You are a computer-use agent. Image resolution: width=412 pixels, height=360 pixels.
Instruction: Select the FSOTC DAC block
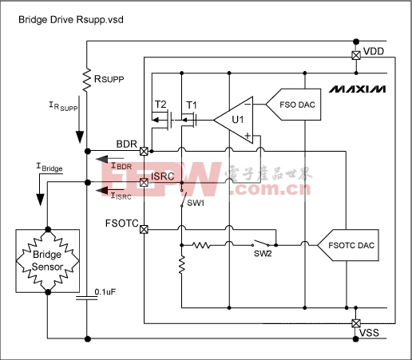pyautogui.click(x=349, y=245)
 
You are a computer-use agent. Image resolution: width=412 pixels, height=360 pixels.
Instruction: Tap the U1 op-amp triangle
pyautogui.click(x=233, y=120)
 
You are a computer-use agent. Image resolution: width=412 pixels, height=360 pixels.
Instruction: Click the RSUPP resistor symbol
pyautogui.click(x=87, y=80)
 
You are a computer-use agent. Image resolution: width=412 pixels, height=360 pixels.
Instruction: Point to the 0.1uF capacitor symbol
pyautogui.click(x=87, y=298)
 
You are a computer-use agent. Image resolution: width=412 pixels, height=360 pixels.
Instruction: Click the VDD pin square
pyautogui.click(x=356, y=55)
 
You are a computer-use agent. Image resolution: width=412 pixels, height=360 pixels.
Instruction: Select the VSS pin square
pyautogui.click(x=356, y=323)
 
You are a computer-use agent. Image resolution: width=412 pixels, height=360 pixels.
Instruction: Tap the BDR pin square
pyautogui.click(x=144, y=152)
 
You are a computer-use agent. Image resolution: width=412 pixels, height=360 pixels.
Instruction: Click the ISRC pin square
pyautogui.click(x=144, y=182)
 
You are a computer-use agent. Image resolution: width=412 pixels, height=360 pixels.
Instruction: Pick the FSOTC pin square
pyautogui.click(x=144, y=229)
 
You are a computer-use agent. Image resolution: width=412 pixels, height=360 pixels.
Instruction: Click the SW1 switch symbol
pyautogui.click(x=183, y=198)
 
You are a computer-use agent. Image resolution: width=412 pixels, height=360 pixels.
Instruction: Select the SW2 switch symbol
pyautogui.click(x=261, y=243)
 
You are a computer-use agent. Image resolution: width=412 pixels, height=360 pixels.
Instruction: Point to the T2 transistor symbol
pyautogui.click(x=162, y=121)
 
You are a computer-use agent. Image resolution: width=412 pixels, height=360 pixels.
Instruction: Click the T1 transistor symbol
pyautogui.click(x=189, y=121)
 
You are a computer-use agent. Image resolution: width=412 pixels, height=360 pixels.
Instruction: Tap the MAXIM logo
pyautogui.click(x=357, y=89)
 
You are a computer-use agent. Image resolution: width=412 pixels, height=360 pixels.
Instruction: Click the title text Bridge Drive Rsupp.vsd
pyautogui.click(x=71, y=20)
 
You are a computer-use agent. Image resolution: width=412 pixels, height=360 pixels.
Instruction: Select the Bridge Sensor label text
pyautogui.click(x=47, y=260)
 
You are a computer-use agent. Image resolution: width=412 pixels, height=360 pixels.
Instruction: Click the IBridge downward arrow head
pyautogui.click(x=40, y=200)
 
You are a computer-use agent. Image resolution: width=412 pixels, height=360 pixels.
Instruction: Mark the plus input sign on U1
pyautogui.click(x=248, y=136)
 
